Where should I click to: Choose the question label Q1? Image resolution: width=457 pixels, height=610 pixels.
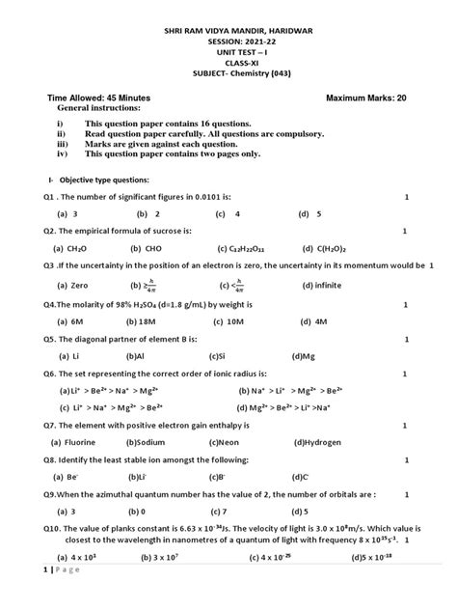(x=51, y=197)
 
